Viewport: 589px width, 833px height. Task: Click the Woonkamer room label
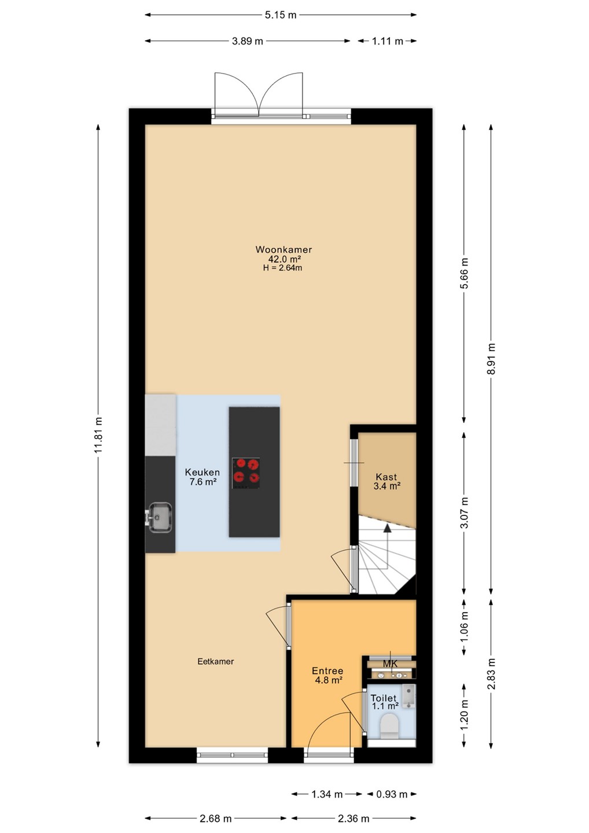pos(284,249)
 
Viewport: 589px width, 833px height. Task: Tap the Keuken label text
pos(203,472)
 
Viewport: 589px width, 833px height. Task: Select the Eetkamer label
pos(216,662)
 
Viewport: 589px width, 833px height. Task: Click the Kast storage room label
pos(386,477)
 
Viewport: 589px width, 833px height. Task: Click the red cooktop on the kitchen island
pos(246,473)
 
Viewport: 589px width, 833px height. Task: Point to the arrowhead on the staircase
pos(387,528)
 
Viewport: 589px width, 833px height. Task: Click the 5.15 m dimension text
pos(281,15)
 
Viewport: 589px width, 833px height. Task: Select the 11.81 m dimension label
pos(98,435)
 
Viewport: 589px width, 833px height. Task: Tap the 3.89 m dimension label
pos(247,41)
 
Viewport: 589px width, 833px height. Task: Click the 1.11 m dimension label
pos(388,41)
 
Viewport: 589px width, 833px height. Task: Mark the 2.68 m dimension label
pos(216,819)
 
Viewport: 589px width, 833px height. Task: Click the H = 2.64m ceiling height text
pos(282,268)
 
